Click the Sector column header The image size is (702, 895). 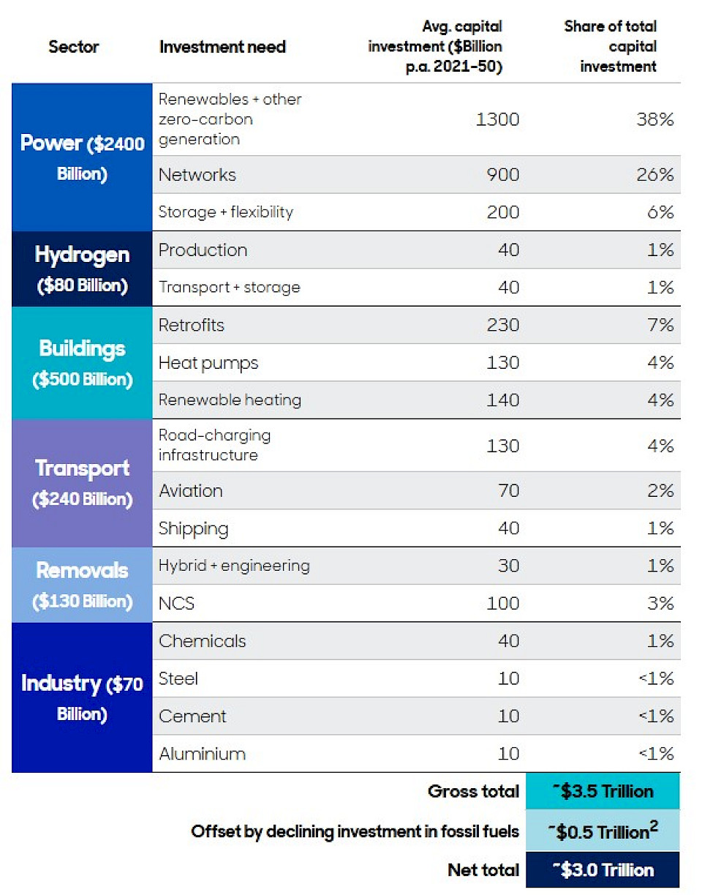(x=74, y=47)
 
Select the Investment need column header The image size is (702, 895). (x=222, y=47)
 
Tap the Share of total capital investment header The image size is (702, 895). (x=610, y=46)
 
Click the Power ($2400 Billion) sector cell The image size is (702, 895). (x=82, y=157)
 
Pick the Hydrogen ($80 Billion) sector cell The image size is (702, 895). (x=82, y=269)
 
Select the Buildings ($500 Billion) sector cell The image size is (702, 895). (x=82, y=363)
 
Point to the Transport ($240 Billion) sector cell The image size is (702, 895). (x=82, y=483)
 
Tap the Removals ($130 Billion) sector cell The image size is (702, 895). (x=82, y=585)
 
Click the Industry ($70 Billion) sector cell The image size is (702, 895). (x=82, y=697)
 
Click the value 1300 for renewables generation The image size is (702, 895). (x=497, y=119)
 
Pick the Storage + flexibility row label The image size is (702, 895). (x=225, y=212)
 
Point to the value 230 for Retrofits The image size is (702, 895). (x=502, y=325)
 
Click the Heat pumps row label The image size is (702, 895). (x=208, y=363)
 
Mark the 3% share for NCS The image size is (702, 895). (x=660, y=604)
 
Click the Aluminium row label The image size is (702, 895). (x=202, y=754)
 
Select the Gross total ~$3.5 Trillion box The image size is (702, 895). (x=603, y=791)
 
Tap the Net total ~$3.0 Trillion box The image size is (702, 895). (x=603, y=870)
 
